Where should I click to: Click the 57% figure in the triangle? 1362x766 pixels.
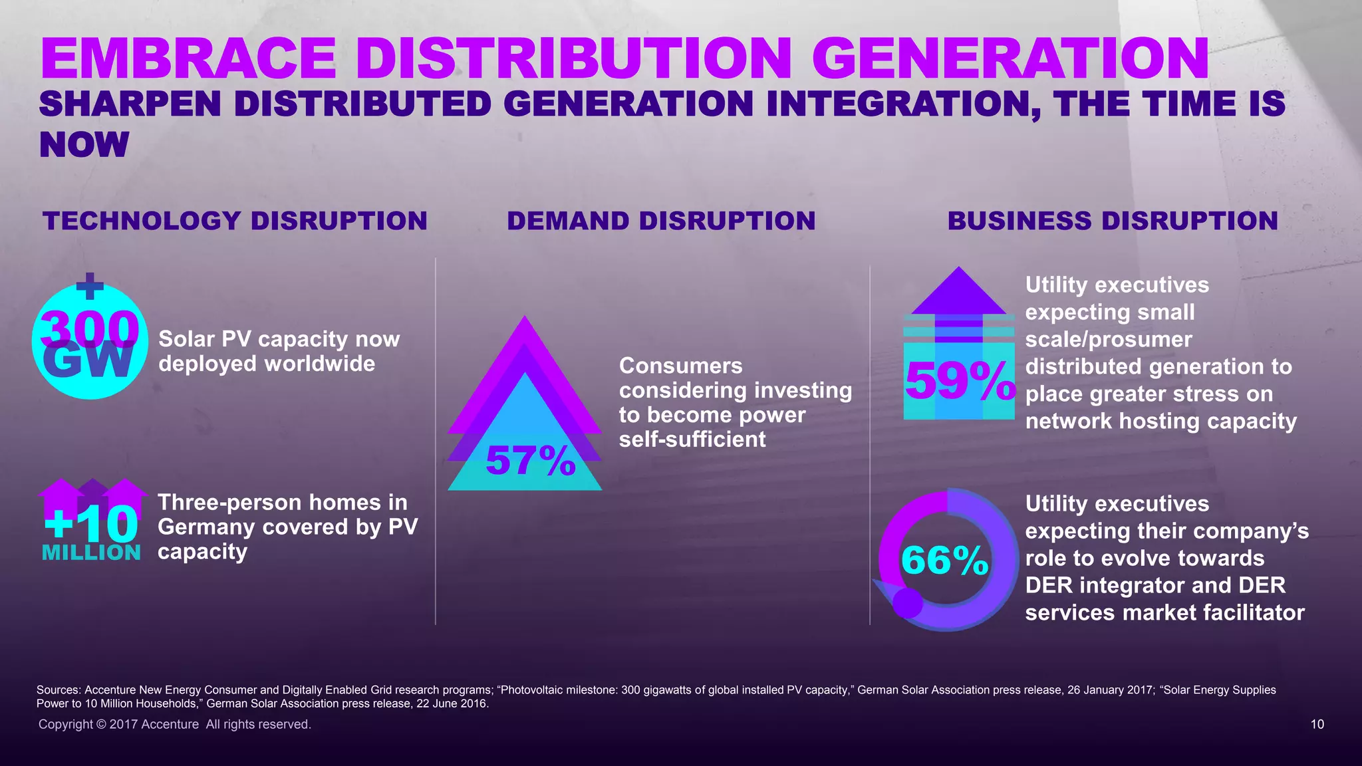(x=530, y=460)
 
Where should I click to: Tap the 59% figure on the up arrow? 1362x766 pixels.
(x=960, y=381)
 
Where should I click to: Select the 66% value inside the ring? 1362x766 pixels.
(x=944, y=560)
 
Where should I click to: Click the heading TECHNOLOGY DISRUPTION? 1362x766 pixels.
(x=235, y=221)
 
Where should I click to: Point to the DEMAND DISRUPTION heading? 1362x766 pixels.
(x=661, y=221)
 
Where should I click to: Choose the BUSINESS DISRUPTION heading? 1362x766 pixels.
(x=1113, y=221)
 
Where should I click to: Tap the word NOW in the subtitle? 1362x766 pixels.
(x=84, y=145)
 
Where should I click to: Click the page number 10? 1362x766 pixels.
(x=1317, y=724)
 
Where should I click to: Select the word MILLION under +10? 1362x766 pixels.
(x=91, y=553)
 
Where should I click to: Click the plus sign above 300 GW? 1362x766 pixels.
(x=90, y=287)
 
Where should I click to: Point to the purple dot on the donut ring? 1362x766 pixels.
(x=907, y=602)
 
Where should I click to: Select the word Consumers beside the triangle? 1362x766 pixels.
(x=680, y=366)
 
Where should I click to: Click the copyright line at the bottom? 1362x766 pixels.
(x=174, y=724)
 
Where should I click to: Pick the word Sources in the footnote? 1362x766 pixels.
(x=59, y=690)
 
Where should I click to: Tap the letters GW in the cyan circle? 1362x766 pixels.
(x=88, y=362)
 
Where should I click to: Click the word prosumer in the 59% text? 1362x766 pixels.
(x=1142, y=340)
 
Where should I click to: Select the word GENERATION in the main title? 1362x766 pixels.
(x=1010, y=59)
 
